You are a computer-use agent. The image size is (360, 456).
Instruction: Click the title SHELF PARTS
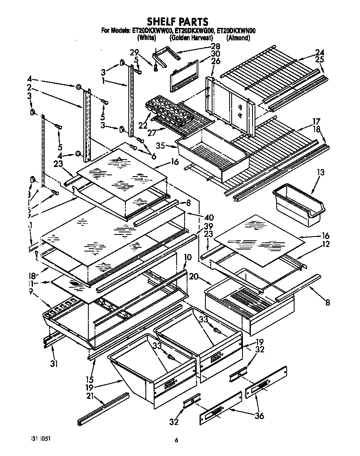coord(177,21)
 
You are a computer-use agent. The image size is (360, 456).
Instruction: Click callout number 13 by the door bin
coord(320,172)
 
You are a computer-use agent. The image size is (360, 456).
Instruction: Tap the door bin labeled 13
coord(297,206)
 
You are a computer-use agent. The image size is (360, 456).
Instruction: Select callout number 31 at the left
coord(53,363)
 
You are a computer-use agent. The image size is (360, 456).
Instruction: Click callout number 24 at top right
coord(319,52)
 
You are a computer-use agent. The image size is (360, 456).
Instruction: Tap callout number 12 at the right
coord(325,244)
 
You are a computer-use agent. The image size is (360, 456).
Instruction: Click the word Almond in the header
coord(238,38)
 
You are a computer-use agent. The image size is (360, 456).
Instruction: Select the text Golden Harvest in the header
coord(192,38)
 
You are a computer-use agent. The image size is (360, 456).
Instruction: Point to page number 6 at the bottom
coord(177,440)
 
